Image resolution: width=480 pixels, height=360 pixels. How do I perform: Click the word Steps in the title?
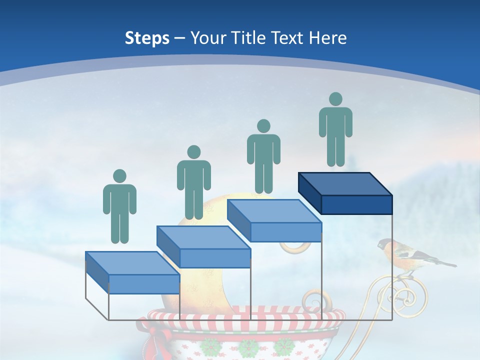coord(147,38)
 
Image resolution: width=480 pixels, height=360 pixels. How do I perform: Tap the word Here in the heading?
coord(328,38)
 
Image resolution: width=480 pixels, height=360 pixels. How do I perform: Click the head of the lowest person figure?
coord(119,176)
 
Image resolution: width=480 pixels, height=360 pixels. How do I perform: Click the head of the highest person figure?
coord(335,99)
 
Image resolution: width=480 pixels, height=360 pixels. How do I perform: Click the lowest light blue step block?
coord(133,273)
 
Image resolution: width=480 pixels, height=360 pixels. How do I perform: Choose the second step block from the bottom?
coord(204,247)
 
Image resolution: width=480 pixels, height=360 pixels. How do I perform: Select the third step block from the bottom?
coord(274,221)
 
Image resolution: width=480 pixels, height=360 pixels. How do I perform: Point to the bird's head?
coord(385,244)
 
